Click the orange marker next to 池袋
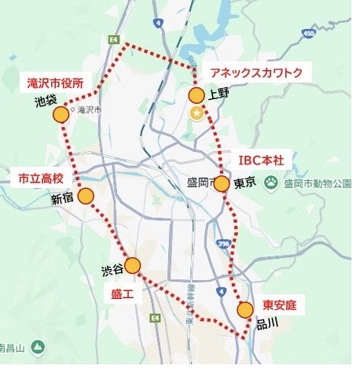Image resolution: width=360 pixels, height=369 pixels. pyautogui.click(x=61, y=115)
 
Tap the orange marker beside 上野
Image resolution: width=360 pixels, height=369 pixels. pyautogui.click(x=197, y=95)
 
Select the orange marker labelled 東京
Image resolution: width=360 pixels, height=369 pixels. pyautogui.click(x=222, y=184)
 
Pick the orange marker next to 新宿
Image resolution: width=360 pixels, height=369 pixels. pyautogui.click(x=86, y=196)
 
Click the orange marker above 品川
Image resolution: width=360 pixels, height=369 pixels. pyautogui.click(x=246, y=310)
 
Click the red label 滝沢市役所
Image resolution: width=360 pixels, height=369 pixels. pyautogui.click(x=61, y=81)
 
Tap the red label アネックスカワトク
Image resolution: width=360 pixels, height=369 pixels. pyautogui.click(x=256, y=72)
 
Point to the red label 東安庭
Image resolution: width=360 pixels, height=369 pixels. pyautogui.click(x=279, y=304)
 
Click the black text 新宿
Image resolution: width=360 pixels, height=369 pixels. pyautogui.click(x=62, y=200)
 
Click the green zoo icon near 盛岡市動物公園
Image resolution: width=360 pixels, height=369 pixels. pyautogui.click(x=272, y=183)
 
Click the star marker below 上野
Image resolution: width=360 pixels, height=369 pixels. pyautogui.click(x=197, y=114)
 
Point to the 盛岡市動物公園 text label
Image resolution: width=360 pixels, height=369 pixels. pyautogui.click(x=318, y=184)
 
